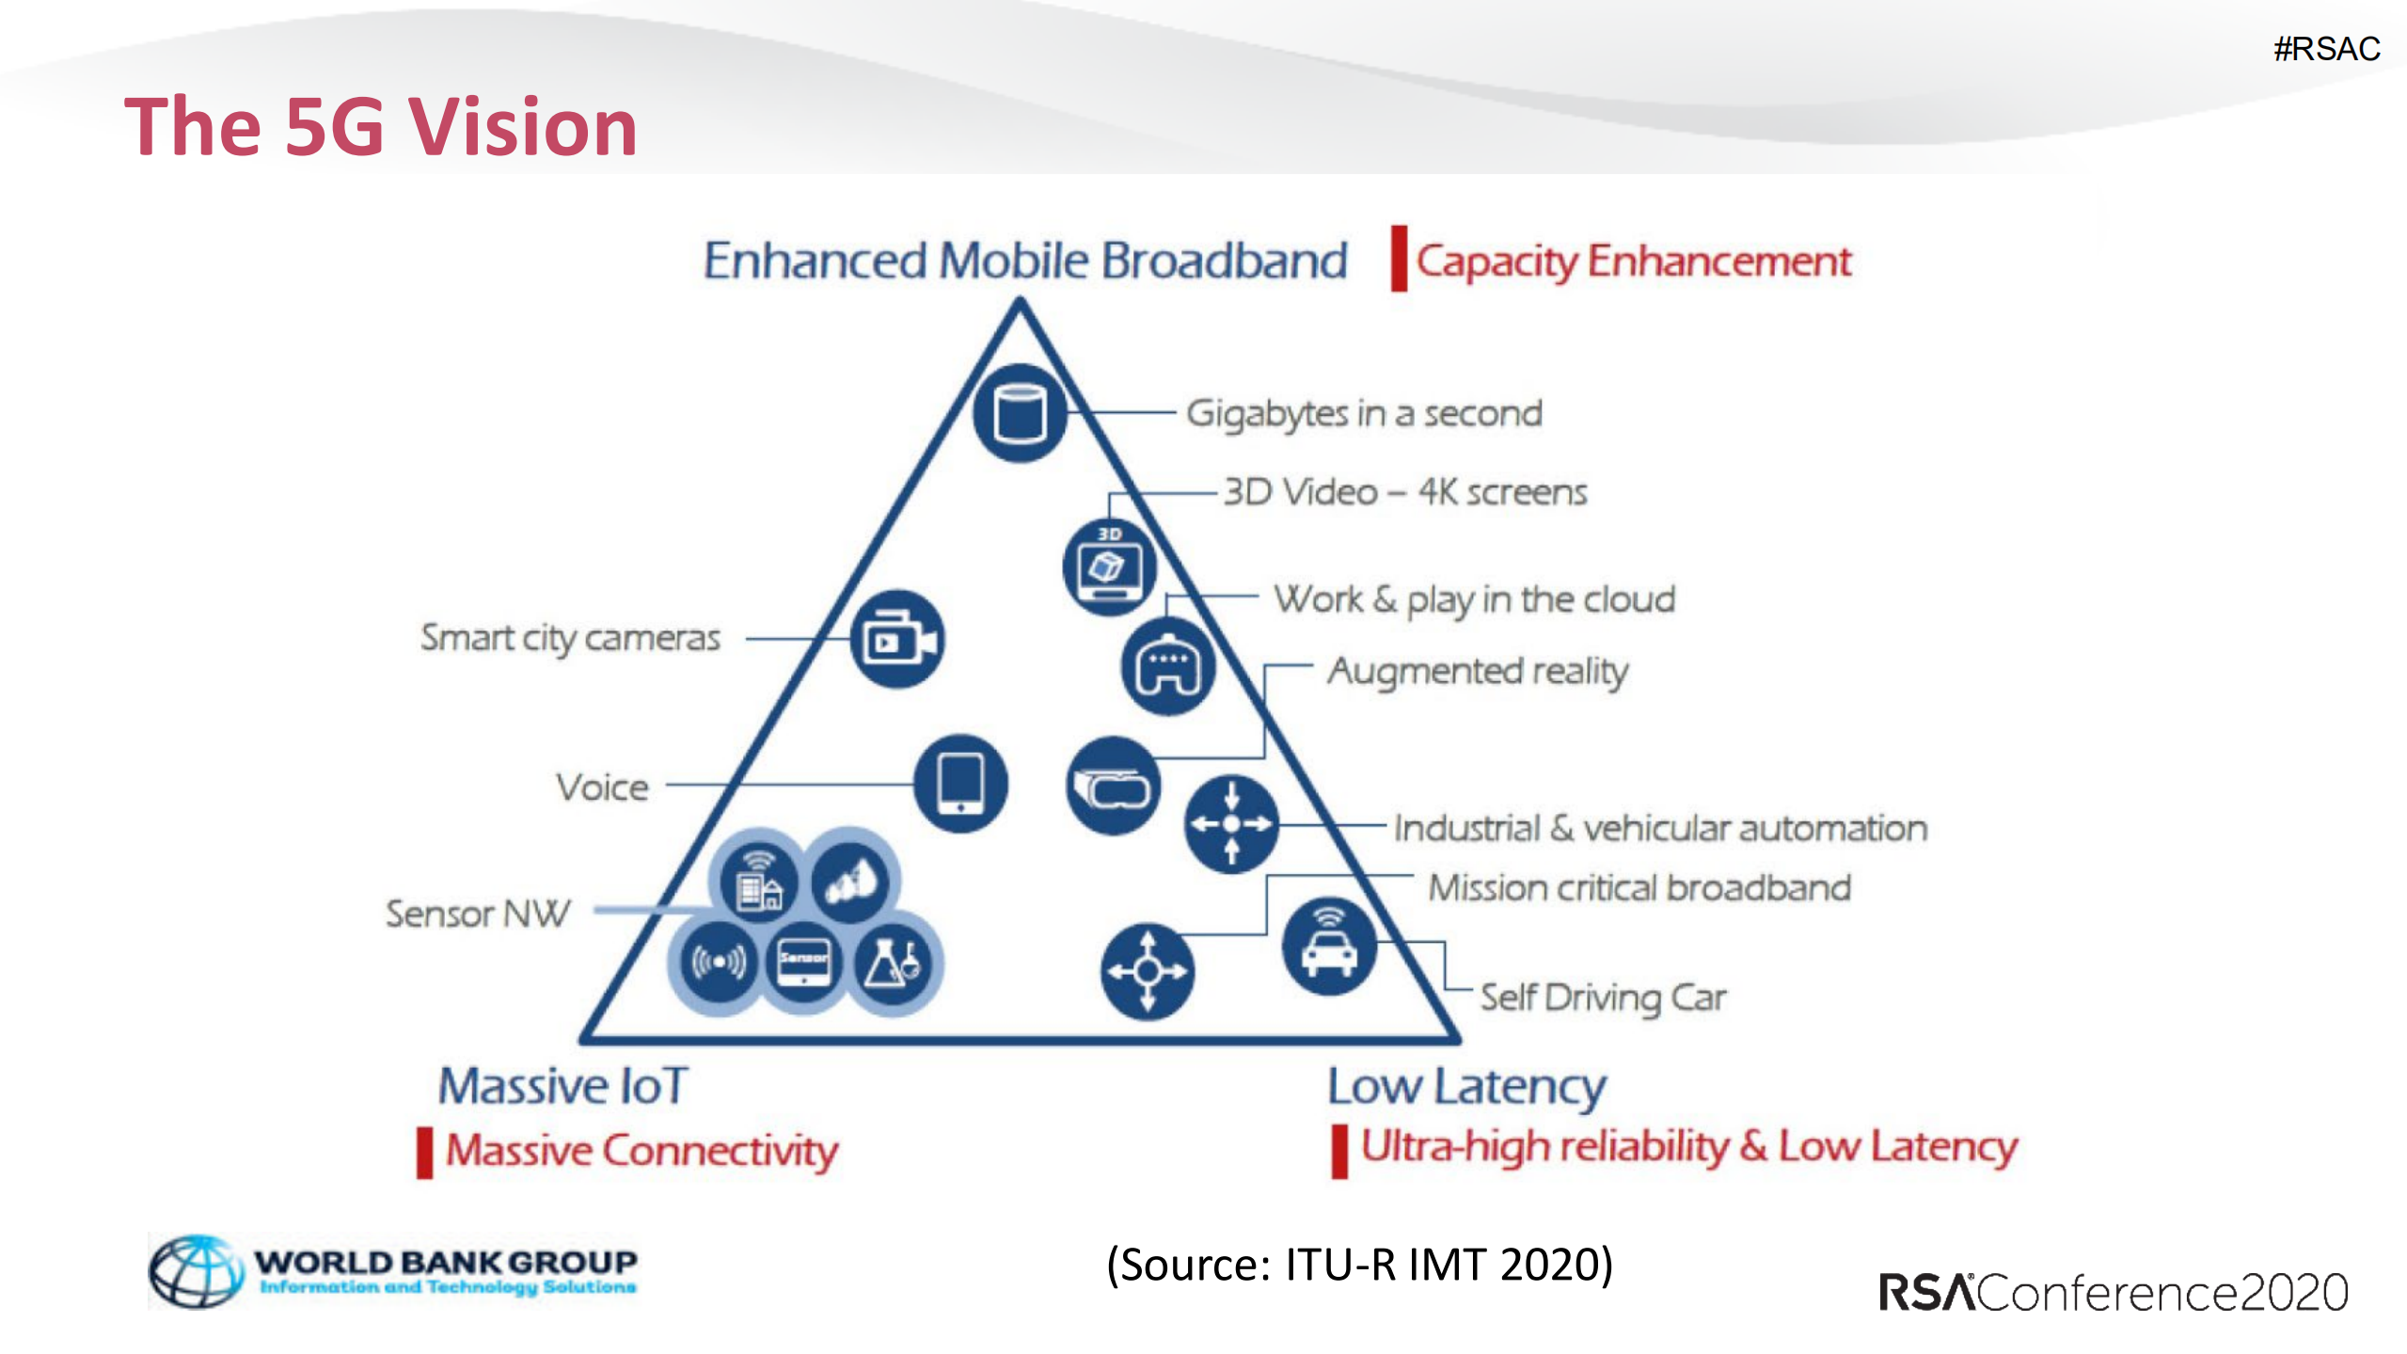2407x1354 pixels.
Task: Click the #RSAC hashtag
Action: click(2325, 49)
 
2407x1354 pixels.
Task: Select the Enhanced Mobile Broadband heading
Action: click(1024, 261)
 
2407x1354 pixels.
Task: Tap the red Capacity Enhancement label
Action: click(1633, 262)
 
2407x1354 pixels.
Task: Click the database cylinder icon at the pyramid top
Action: click(1020, 413)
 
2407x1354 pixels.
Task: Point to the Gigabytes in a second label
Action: click(1363, 414)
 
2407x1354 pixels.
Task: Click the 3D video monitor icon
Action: click(1109, 567)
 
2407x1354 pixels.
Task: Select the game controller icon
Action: click(1167, 667)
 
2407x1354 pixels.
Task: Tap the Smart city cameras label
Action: click(570, 638)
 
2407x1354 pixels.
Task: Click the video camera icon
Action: click(897, 640)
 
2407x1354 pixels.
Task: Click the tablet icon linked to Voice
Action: click(960, 784)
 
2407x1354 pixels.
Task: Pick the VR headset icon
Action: click(1113, 787)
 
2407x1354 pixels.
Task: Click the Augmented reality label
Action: click(1477, 672)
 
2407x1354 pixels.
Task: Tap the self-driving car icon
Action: click(1328, 947)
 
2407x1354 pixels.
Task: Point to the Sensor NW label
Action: click(478, 914)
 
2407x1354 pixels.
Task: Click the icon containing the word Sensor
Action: click(803, 962)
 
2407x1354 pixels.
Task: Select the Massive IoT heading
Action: click(563, 1086)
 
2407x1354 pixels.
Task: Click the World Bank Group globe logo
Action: click(196, 1271)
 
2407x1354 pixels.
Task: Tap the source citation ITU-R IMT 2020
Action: click(1359, 1265)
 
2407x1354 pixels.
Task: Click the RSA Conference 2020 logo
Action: click(2113, 1293)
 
